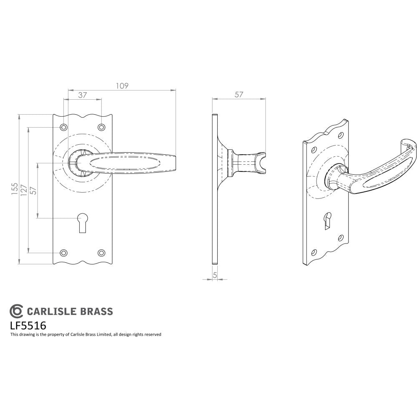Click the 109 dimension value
[x=122, y=85]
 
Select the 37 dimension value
[x=82, y=95]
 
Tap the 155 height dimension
[x=15, y=189]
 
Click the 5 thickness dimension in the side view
[x=215, y=275]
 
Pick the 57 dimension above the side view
[x=239, y=95]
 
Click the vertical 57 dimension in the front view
[x=33, y=190]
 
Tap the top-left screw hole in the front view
[x=63, y=127]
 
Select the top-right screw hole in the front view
[x=101, y=127]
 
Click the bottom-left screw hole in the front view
[x=63, y=253]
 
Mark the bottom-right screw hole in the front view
[x=101, y=253]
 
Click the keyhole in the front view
[x=83, y=221]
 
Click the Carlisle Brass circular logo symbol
[x=16, y=311]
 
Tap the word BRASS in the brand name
[x=97, y=311]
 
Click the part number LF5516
[x=28, y=325]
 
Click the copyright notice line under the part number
[x=85, y=334]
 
